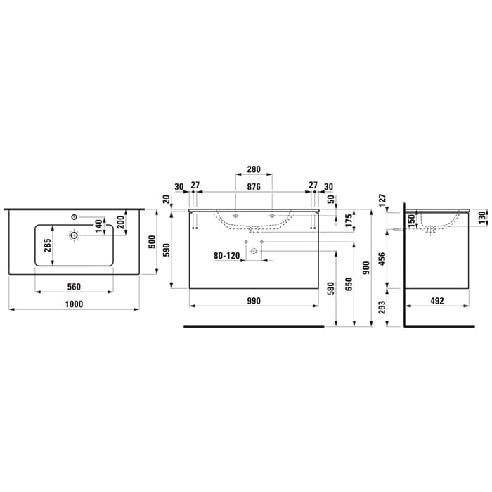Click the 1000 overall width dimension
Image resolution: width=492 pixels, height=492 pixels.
74,304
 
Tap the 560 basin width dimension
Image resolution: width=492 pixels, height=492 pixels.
74,287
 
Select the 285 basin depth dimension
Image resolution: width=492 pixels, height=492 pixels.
47,245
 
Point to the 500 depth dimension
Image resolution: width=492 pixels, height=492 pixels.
152,242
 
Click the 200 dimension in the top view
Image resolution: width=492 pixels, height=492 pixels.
120,222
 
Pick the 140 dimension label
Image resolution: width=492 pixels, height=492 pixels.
98,226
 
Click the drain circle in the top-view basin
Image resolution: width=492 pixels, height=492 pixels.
74,235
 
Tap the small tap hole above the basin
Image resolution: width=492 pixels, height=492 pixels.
74,216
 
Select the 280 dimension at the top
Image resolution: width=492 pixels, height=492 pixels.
254,169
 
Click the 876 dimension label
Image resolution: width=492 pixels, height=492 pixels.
254,187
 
